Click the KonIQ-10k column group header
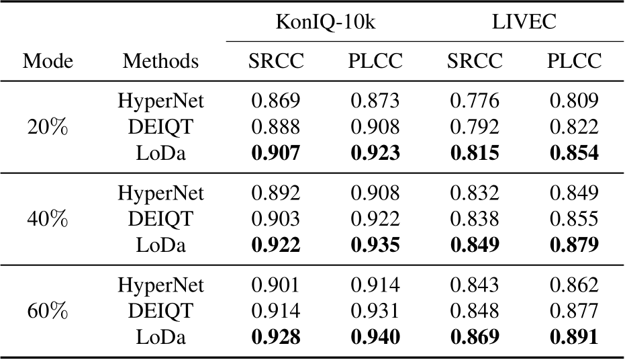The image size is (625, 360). click(326, 22)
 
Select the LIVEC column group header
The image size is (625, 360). click(524, 22)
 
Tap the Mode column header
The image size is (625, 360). click(48, 62)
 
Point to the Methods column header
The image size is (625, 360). click(160, 62)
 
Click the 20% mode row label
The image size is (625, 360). click(48, 127)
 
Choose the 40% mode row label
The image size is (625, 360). click(48, 219)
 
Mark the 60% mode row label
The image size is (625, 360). click(48, 311)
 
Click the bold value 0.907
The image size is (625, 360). click(276, 153)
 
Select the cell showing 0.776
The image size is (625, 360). click(475, 101)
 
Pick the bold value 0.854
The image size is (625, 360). click(574, 153)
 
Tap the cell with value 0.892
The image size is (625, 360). click(276, 193)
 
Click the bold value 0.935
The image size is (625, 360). click(375, 245)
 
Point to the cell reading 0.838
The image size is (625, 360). click(475, 219)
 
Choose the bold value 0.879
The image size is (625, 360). click(574, 245)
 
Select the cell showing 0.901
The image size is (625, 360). click(276, 285)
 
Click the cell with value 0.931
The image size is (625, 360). click(375, 311)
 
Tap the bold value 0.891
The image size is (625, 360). click(574, 337)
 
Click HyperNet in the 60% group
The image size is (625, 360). click(160, 285)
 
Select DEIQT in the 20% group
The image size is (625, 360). click(160, 127)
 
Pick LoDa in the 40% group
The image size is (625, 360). click(160, 245)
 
